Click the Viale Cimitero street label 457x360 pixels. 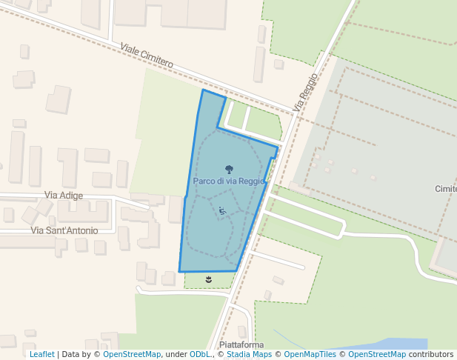pyautogui.click(x=147, y=56)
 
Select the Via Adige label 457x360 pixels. pyautogui.click(x=64, y=195)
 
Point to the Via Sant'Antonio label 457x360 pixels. pyautogui.click(x=64, y=230)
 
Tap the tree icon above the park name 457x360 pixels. pyautogui.click(x=227, y=169)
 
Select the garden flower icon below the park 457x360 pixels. pyautogui.click(x=208, y=279)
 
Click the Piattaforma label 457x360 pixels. pyautogui.click(x=241, y=345)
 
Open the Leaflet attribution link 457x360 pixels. pyautogui.click(x=42, y=355)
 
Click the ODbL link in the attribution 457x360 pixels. pyautogui.click(x=199, y=355)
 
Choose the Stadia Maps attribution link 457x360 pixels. pyautogui.click(x=249, y=355)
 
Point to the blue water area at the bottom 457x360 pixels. pyautogui.click(x=400, y=344)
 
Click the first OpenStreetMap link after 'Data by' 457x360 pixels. pyautogui.click(x=131, y=355)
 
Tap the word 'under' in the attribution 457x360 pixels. pyautogui.click(x=176, y=355)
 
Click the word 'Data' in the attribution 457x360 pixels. pyautogui.click(x=72, y=355)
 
